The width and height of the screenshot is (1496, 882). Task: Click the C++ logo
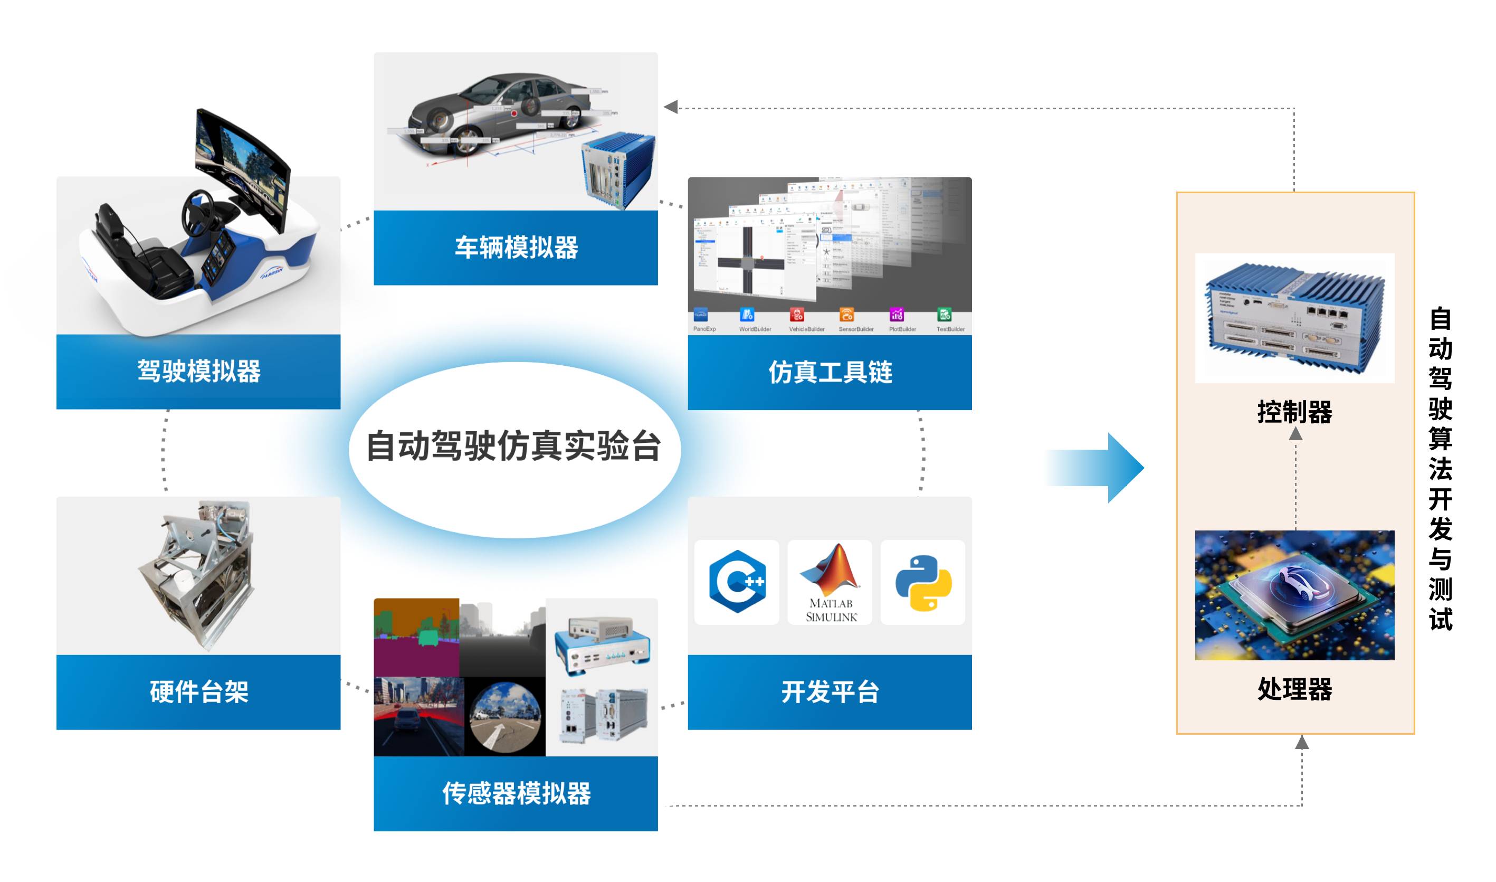[x=737, y=582]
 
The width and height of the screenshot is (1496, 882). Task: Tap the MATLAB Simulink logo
[x=830, y=582]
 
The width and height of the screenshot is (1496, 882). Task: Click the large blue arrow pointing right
[x=1097, y=468]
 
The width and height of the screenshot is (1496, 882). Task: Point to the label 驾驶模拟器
[x=198, y=372]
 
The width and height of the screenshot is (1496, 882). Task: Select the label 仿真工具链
[x=830, y=373]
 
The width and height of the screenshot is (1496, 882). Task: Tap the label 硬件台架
[x=198, y=692]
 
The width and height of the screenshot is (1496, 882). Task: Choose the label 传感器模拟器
[x=516, y=793]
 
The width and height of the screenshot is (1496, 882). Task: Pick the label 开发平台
[x=830, y=692]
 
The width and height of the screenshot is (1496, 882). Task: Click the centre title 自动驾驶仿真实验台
[x=514, y=446]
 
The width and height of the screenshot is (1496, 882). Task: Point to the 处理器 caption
[x=1294, y=689]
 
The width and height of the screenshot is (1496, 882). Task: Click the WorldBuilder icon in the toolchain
[x=747, y=315]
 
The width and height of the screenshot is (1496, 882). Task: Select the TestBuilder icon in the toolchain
[x=944, y=315]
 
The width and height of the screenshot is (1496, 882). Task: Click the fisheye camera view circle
[x=505, y=716]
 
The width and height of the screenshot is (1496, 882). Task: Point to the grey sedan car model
[x=499, y=110]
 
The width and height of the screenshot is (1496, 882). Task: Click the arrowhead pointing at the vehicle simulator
[x=671, y=107]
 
